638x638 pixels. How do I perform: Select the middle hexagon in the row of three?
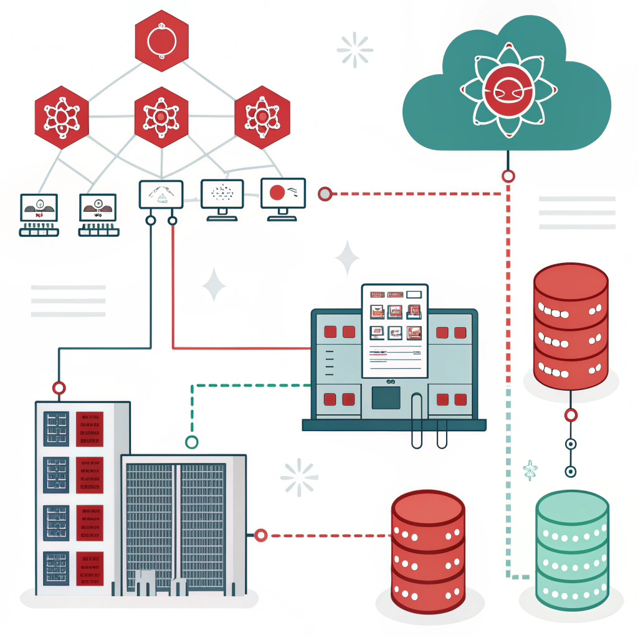pos(161,117)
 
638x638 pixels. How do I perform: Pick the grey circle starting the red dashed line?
pos(324,194)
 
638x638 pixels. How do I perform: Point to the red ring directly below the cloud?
pos(508,176)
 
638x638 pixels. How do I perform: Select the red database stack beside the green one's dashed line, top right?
pos(570,327)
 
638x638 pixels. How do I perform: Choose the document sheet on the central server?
pos(395,330)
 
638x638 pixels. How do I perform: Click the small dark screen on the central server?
pos(386,398)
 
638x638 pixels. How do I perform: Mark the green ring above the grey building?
pos(192,442)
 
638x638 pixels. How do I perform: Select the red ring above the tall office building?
pos(59,388)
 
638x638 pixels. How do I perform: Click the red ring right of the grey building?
pos(260,535)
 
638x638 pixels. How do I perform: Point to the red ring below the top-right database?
pos(570,415)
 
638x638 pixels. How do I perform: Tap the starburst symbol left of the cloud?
pos(355,49)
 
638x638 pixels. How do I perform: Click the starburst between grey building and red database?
pos(299,478)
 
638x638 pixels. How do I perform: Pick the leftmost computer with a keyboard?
pos(39,214)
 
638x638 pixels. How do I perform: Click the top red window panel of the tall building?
pos(90,429)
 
